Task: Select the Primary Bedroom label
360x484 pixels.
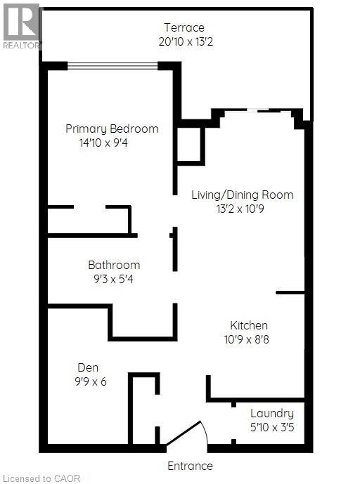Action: coord(112,129)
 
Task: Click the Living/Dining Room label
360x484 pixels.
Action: coord(242,195)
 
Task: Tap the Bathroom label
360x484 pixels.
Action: coord(114,265)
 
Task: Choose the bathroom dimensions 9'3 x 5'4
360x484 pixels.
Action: coord(114,278)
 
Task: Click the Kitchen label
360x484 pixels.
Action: coord(249,325)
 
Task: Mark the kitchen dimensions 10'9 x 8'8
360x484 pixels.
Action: coord(249,339)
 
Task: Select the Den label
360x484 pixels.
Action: coord(88,367)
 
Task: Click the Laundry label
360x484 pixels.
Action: coord(272,413)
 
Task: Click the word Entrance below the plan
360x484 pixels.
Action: coord(190,465)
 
